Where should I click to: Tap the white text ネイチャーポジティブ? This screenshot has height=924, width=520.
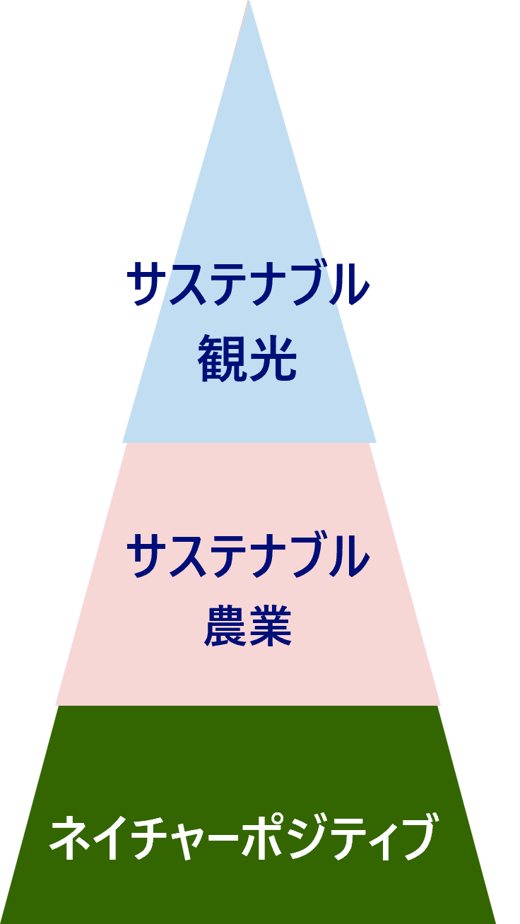coord(242,838)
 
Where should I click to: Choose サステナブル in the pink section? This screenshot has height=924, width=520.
coord(248,555)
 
